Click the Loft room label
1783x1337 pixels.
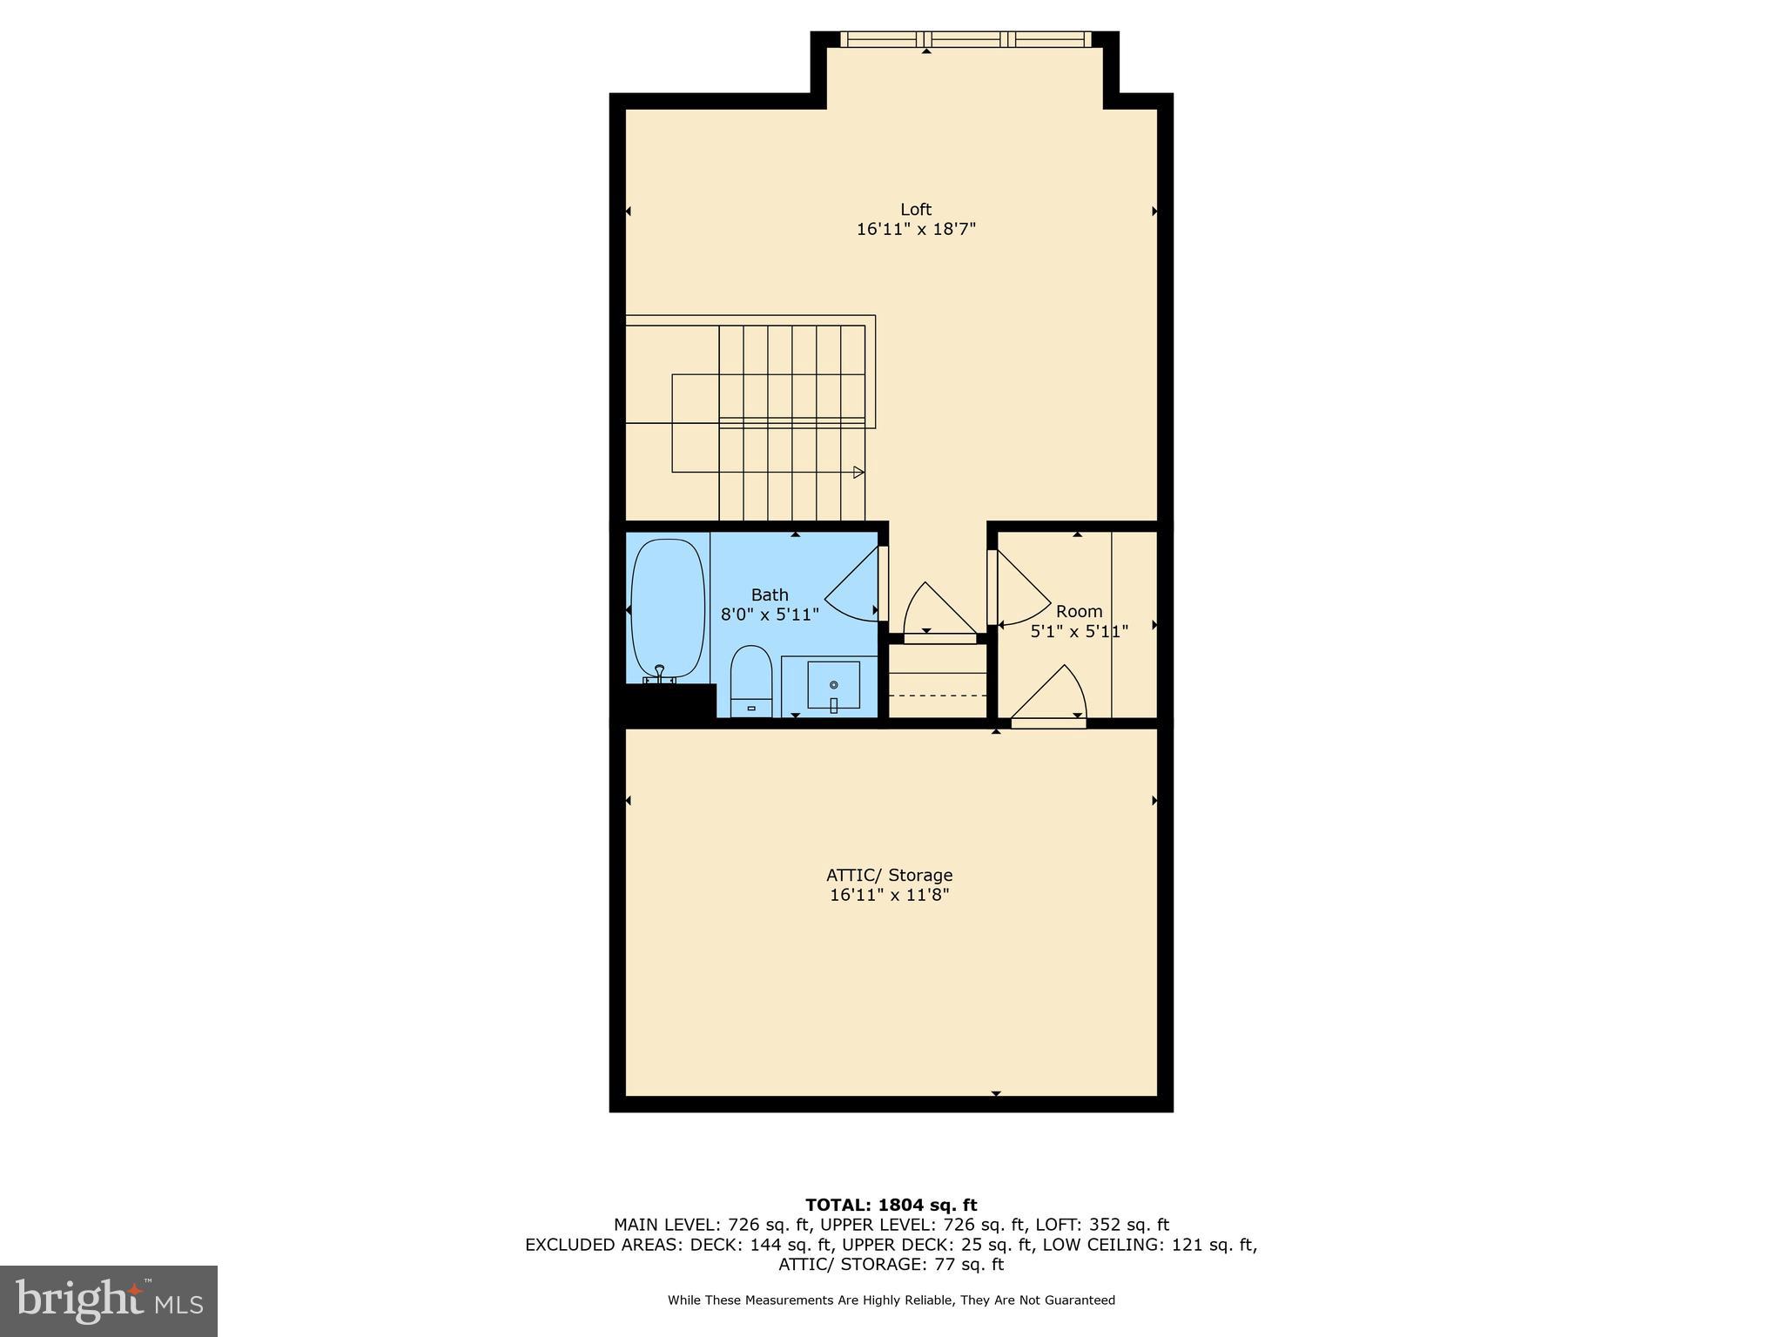[x=915, y=209]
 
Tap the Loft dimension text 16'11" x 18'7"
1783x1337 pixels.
[x=915, y=229]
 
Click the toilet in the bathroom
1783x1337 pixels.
[x=750, y=681]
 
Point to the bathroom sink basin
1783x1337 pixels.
[x=833, y=685]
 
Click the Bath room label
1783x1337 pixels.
[x=770, y=595]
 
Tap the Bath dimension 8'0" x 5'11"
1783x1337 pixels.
[x=770, y=615]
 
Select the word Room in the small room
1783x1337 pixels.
[x=1079, y=611]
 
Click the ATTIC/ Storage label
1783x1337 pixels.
[x=889, y=875]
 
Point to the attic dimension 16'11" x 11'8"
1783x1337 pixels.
[x=889, y=895]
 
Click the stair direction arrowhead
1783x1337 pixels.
[x=858, y=473]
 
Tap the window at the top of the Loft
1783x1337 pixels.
[x=965, y=39]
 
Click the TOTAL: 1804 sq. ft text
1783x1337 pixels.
[x=891, y=1205]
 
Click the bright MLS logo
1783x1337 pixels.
[x=109, y=1300]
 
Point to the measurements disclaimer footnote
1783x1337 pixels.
[x=891, y=1300]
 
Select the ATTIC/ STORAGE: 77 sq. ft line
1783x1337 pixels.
[x=891, y=1265]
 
